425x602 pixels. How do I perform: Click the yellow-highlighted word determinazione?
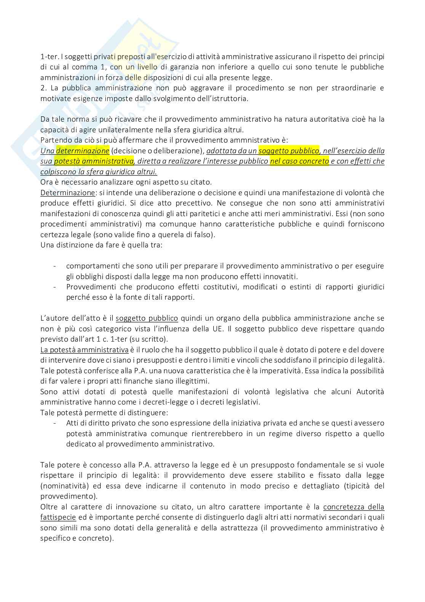point(83,151)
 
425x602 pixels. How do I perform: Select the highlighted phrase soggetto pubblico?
point(288,151)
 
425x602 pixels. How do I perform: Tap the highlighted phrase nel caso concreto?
point(299,161)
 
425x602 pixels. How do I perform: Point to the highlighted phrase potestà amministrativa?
point(94,161)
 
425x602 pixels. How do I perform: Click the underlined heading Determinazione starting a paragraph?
point(67,193)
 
